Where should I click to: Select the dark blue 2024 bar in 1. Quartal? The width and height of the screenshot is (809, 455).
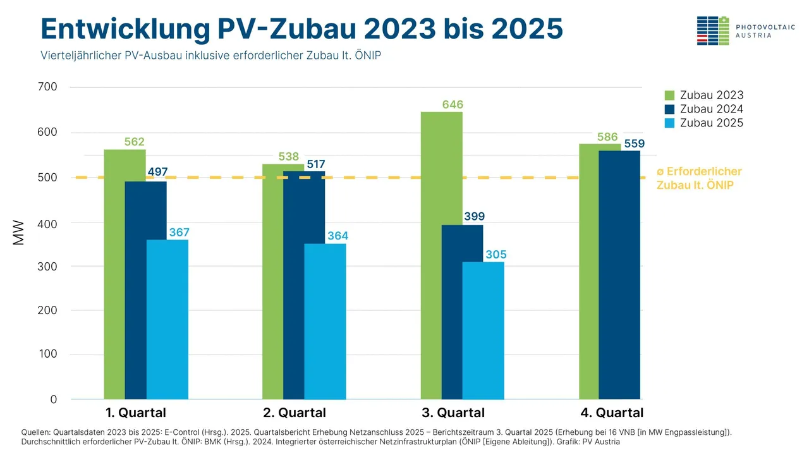(145, 291)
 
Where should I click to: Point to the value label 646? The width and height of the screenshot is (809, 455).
(453, 104)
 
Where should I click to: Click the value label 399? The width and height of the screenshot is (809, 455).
(474, 217)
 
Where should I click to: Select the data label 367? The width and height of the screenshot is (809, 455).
(179, 233)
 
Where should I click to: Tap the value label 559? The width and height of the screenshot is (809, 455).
(634, 143)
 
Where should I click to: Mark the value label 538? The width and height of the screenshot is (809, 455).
(288, 157)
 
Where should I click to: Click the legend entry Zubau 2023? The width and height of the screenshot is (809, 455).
(704, 95)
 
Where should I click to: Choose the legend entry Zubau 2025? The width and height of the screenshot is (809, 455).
(704, 123)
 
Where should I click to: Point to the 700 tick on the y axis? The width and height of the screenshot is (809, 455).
(49, 87)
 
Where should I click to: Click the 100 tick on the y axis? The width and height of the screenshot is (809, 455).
(49, 354)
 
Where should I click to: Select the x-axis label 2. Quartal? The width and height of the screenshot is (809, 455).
(295, 413)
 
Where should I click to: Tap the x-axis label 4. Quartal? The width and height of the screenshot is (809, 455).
(612, 413)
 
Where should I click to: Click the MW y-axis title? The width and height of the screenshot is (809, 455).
(18, 232)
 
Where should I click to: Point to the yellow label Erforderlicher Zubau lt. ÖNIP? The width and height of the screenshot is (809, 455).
(699, 179)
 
